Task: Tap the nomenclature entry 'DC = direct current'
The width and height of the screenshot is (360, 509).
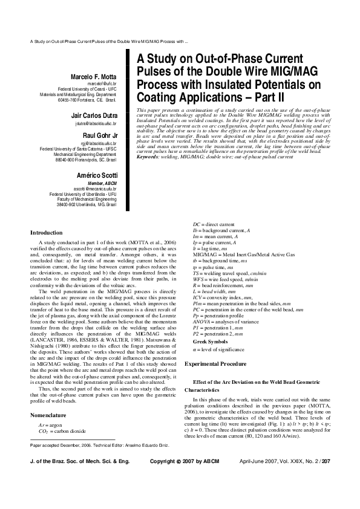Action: point(201,224)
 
